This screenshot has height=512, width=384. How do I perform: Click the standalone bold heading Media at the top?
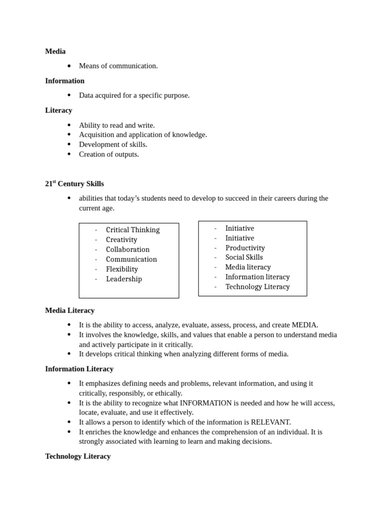(x=55, y=51)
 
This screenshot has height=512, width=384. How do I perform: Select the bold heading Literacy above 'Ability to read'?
(x=58, y=110)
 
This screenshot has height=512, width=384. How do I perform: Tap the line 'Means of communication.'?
(x=118, y=65)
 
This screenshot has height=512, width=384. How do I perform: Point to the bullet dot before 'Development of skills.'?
(x=69, y=144)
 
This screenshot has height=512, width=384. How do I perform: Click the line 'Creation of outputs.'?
(x=108, y=154)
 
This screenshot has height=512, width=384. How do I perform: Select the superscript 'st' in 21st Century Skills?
(x=54, y=181)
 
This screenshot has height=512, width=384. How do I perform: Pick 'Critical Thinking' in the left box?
(x=132, y=229)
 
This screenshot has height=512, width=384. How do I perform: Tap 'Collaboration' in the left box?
(x=127, y=249)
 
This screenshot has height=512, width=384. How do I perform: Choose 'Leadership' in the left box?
(x=123, y=278)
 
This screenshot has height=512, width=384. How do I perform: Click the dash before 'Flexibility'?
(x=96, y=269)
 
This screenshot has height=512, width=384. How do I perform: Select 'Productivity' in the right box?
(x=245, y=247)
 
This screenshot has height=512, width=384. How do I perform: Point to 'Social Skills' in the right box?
(x=244, y=257)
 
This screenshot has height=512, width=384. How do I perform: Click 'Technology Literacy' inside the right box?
(x=257, y=286)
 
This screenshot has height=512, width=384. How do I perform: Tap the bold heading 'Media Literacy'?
(x=69, y=310)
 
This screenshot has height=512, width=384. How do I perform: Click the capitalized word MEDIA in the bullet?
(x=304, y=324)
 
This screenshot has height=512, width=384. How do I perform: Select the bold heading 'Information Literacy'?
(x=79, y=368)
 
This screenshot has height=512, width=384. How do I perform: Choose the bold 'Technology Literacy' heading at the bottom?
(x=77, y=456)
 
